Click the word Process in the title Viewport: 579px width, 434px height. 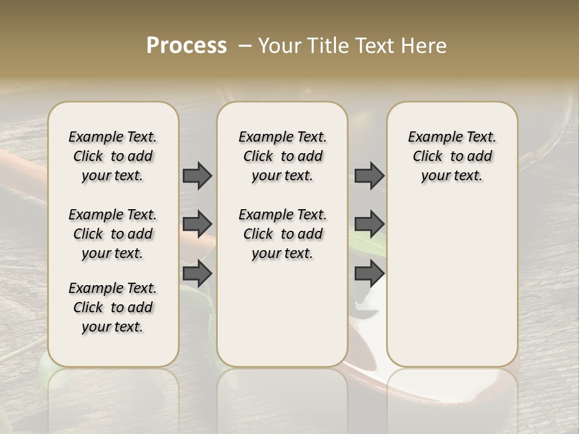pos(186,46)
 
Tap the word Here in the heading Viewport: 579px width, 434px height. pos(425,46)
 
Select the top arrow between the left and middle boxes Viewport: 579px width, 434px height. pos(197,175)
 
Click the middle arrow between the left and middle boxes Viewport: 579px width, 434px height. pos(197,224)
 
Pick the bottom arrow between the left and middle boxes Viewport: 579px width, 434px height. pos(197,274)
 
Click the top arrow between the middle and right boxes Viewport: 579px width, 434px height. pos(369,175)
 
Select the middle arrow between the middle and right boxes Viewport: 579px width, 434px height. pos(369,224)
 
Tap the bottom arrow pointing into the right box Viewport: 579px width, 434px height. pos(369,274)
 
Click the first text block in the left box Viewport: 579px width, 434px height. pos(113,156)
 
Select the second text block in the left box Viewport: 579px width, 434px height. pos(113,234)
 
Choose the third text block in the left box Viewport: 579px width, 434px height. pos(113,307)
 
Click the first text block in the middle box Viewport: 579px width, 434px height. pos(283,156)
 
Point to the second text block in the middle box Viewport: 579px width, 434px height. pos(283,234)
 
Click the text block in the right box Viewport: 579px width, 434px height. pos(452,156)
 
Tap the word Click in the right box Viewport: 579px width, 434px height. pos(428,157)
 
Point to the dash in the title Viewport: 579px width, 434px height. pos(245,46)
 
